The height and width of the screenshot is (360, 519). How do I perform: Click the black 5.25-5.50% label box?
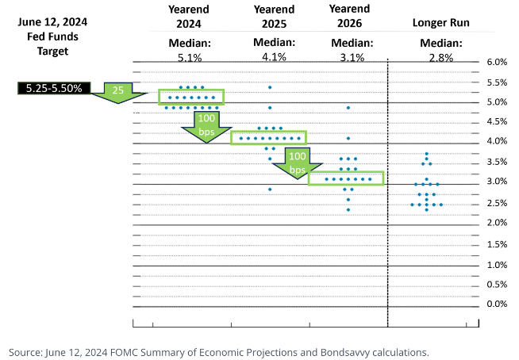pos(53,87)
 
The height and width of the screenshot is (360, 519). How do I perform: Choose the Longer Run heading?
pos(440,23)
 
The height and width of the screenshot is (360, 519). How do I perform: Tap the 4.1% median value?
pos(269,57)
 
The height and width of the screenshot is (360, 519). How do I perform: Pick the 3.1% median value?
pos(346,57)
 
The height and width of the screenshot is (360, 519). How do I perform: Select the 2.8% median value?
pos(440,57)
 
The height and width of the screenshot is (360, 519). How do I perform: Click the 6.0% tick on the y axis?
pos(496,62)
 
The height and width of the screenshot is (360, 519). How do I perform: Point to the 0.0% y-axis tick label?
pos(496,304)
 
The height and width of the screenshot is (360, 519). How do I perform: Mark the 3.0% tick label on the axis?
pos(496,182)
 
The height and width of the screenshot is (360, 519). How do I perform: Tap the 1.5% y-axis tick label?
pos(496,243)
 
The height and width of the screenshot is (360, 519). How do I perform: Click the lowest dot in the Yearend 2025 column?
pos(270,189)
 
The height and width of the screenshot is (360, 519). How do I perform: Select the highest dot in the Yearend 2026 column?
pos(348,107)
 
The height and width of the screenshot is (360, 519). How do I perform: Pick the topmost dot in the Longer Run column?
pos(427,154)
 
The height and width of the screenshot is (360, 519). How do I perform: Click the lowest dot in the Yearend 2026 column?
pos(348,209)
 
